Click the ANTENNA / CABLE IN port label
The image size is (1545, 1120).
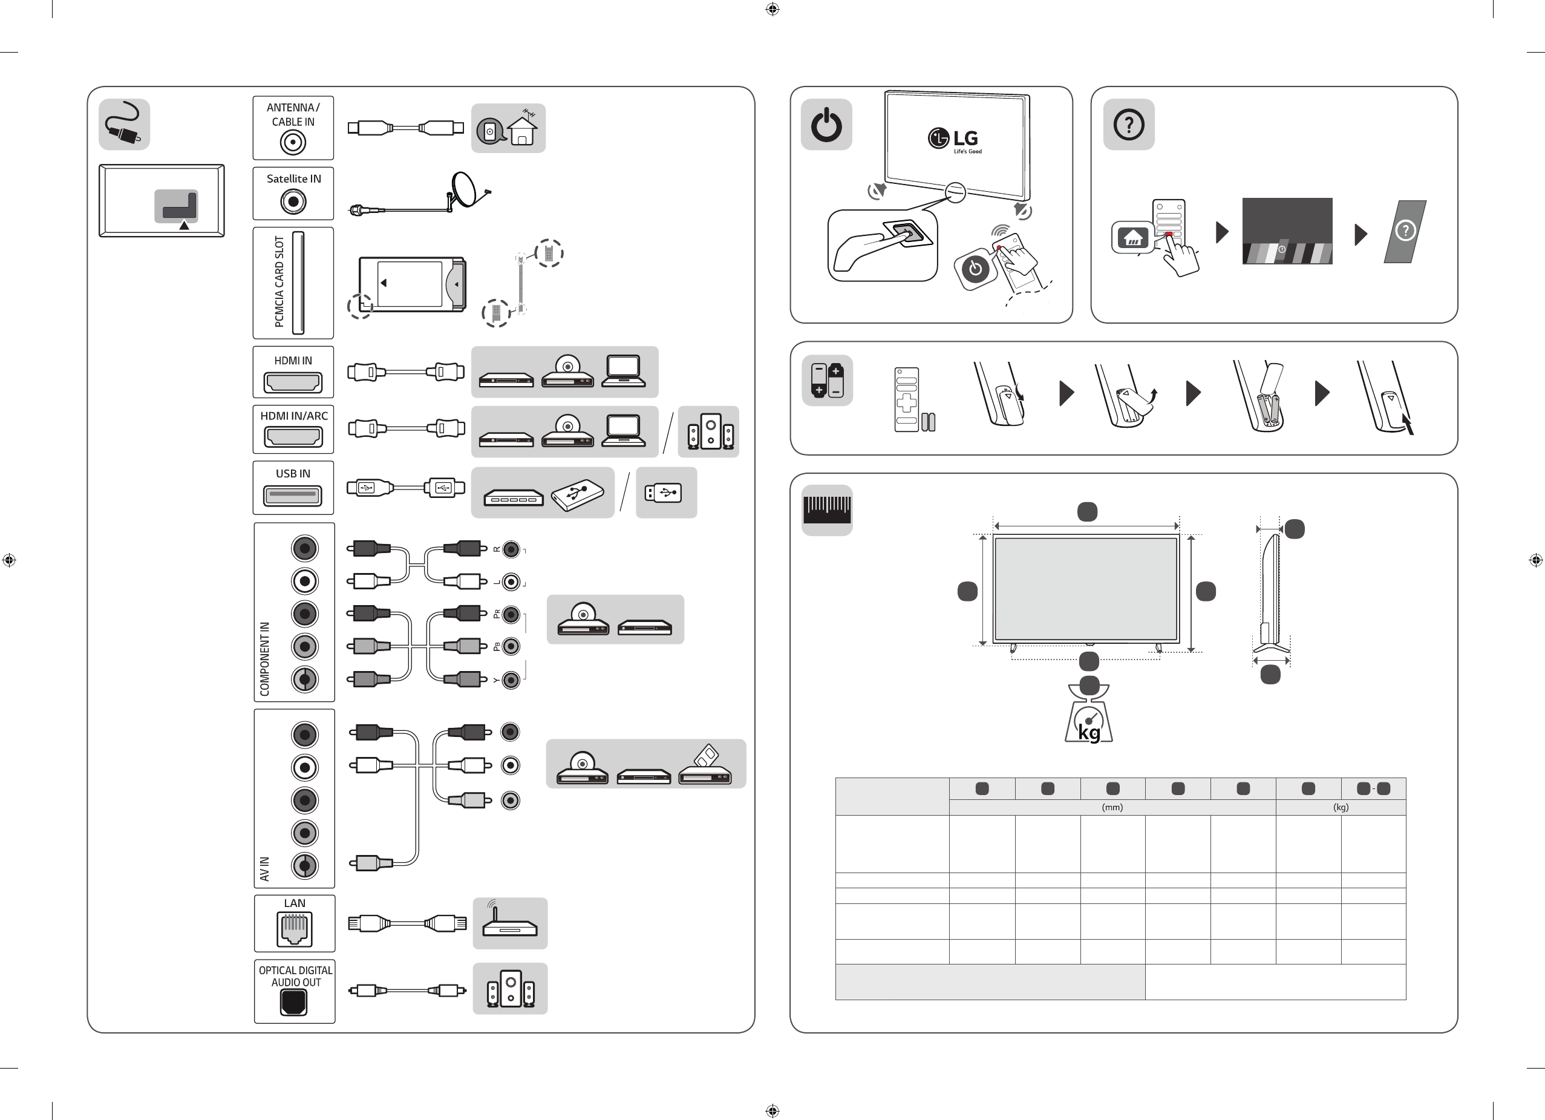point(293,114)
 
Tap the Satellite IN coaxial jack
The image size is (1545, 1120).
point(293,201)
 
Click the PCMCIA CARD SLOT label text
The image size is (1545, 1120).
point(279,281)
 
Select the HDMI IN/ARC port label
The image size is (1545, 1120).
point(293,416)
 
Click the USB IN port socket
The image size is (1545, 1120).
point(293,496)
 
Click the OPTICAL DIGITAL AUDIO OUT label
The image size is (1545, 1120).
point(296,976)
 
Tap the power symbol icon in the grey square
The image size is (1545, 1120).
point(826,125)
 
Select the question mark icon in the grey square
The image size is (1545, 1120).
point(1129,125)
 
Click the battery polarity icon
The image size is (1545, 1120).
point(827,380)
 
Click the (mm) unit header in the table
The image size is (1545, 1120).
point(1112,807)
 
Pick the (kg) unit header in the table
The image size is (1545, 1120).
point(1341,807)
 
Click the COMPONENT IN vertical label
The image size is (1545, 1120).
point(265,659)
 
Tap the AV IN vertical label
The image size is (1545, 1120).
point(264,869)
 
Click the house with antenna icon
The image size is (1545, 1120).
point(523,126)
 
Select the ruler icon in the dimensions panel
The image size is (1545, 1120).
point(827,509)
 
